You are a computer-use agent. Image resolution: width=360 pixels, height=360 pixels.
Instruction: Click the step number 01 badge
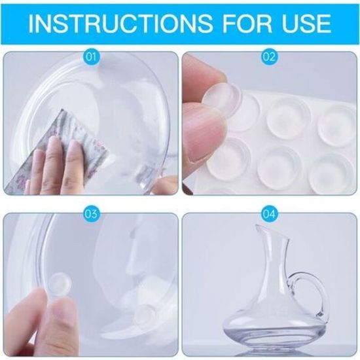click(x=91, y=56)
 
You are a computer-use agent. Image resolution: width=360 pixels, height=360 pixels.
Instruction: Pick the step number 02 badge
click(x=269, y=56)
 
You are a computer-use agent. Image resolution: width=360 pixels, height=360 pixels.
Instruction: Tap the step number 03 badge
click(x=91, y=214)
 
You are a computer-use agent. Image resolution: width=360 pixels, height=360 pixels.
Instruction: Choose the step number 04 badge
click(x=269, y=214)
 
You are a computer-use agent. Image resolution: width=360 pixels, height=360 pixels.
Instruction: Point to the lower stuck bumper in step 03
click(x=145, y=314)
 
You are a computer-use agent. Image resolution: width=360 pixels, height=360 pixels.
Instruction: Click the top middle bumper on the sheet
click(x=289, y=118)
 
